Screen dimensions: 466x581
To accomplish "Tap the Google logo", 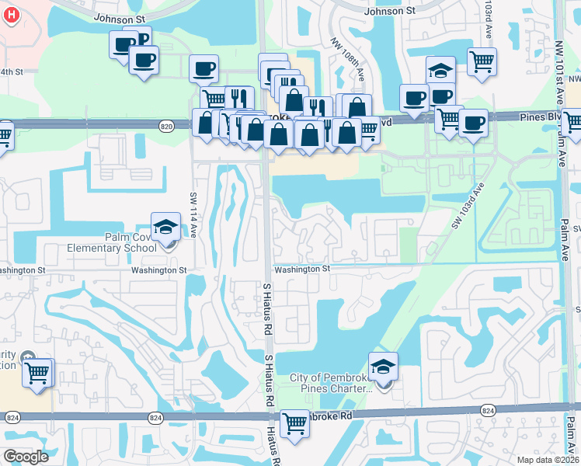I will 26,457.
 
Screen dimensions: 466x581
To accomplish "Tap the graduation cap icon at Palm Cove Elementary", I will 165,227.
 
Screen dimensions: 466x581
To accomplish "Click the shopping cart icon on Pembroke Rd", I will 294,423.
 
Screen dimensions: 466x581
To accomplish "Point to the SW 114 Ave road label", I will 193,213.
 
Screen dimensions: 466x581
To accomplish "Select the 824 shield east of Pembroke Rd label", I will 488,410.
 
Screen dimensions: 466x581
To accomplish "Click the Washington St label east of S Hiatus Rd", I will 301,269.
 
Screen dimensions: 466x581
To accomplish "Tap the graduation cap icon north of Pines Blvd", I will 440,70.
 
